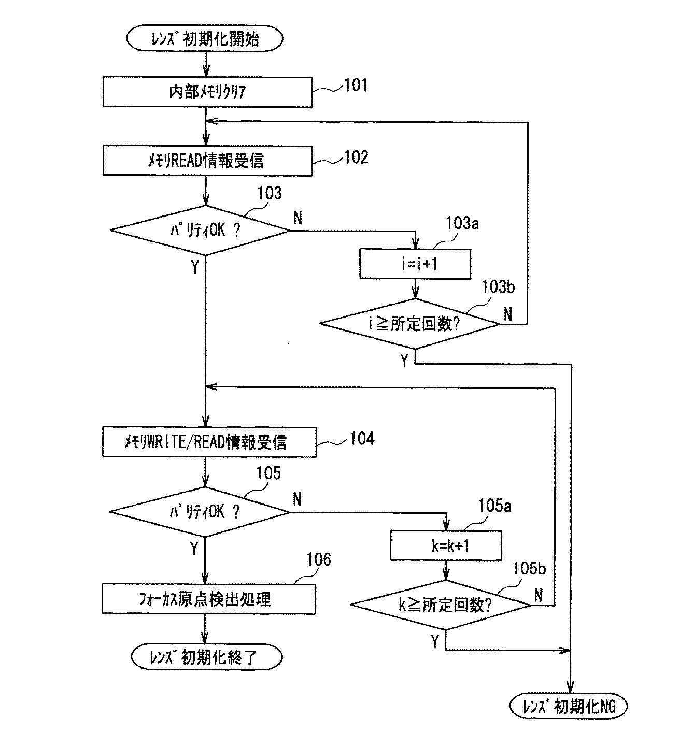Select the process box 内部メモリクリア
pyautogui.click(x=207, y=92)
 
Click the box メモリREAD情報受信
pyautogui.click(x=207, y=161)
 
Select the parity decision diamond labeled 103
pyautogui.click(x=200, y=231)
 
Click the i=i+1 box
pyautogui.click(x=415, y=264)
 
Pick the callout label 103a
pyautogui.click(x=462, y=224)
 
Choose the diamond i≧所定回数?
pyautogui.click(x=410, y=324)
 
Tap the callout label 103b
pyautogui.click(x=498, y=286)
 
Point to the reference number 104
pyautogui.click(x=361, y=438)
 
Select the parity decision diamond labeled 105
pyautogui.click(x=200, y=512)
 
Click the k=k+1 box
pyautogui.click(x=446, y=545)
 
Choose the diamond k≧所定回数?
pyautogui.click(x=441, y=605)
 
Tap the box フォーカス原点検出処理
pyautogui.click(x=208, y=599)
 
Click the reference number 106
pyautogui.click(x=318, y=559)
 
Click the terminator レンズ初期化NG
pyautogui.click(x=569, y=706)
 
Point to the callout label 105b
pyautogui.click(x=529, y=568)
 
